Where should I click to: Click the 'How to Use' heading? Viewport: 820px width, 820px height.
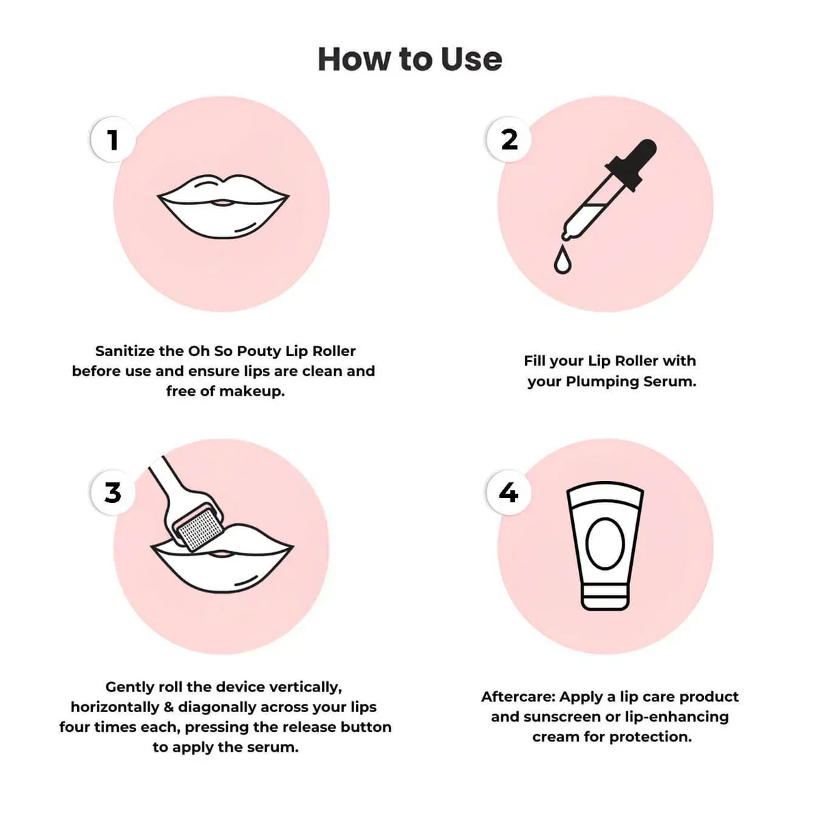[410, 59]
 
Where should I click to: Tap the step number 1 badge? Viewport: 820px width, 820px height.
[113, 140]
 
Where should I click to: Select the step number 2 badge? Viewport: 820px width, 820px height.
[509, 140]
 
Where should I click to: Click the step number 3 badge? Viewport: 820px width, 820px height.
[113, 492]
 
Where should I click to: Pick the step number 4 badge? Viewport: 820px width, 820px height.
[508, 492]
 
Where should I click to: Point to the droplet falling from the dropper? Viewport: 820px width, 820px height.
[562, 260]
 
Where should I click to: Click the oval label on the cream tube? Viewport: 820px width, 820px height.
[605, 543]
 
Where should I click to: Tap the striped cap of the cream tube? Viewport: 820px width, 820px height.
[605, 594]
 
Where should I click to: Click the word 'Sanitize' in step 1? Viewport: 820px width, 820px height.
[124, 351]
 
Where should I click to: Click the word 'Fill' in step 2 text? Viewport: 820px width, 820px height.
[535, 361]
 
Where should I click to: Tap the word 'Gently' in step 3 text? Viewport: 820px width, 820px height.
[129, 687]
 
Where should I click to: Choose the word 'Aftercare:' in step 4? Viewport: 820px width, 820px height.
[517, 697]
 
